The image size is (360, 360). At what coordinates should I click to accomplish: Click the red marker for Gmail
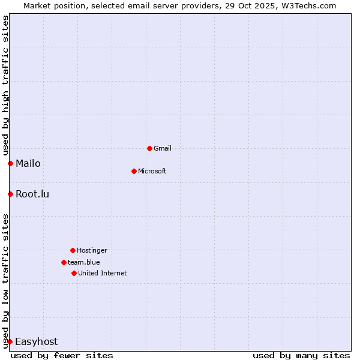point(149,148)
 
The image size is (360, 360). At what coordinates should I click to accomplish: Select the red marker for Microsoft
point(134,171)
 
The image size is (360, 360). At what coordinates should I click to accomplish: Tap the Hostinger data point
point(73,250)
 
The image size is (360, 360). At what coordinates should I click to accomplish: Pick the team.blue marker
point(64,262)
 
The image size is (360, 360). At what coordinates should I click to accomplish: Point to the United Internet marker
point(74,273)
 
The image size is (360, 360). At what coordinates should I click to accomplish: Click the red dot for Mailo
point(10,163)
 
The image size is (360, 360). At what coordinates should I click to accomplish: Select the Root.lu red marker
point(10,194)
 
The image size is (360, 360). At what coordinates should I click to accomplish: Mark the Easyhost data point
point(10,341)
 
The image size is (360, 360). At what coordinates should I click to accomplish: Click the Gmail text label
point(163,148)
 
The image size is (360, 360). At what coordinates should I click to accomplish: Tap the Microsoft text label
point(152,171)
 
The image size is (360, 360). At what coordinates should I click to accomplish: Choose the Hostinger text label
point(92,250)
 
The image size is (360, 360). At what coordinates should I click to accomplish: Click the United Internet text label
point(103,273)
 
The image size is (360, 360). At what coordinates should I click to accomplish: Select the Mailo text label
point(28,163)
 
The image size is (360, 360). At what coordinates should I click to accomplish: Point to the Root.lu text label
point(32,194)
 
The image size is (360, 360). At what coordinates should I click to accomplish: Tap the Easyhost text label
point(37,341)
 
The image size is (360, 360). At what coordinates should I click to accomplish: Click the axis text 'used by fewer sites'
point(62,355)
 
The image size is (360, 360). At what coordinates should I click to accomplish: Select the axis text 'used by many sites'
point(301,355)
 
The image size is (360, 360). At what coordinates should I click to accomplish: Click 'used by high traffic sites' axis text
point(5,86)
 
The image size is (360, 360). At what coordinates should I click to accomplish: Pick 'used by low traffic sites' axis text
point(5,280)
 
